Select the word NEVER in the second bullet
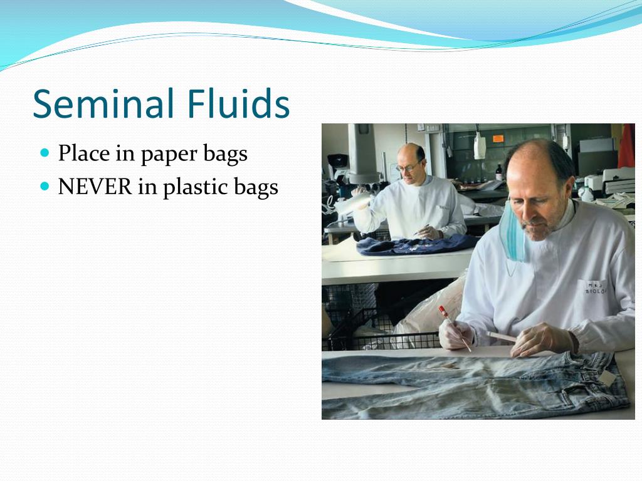tap(95, 187)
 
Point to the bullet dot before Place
tap(45, 153)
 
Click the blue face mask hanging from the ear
tap(512, 233)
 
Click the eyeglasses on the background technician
tap(408, 167)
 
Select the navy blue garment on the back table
tap(416, 246)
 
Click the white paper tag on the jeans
tap(608, 378)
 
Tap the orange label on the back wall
tap(498, 138)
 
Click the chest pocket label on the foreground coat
tap(594, 287)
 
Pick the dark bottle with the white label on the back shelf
tap(498, 173)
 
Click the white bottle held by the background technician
tap(354, 202)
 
